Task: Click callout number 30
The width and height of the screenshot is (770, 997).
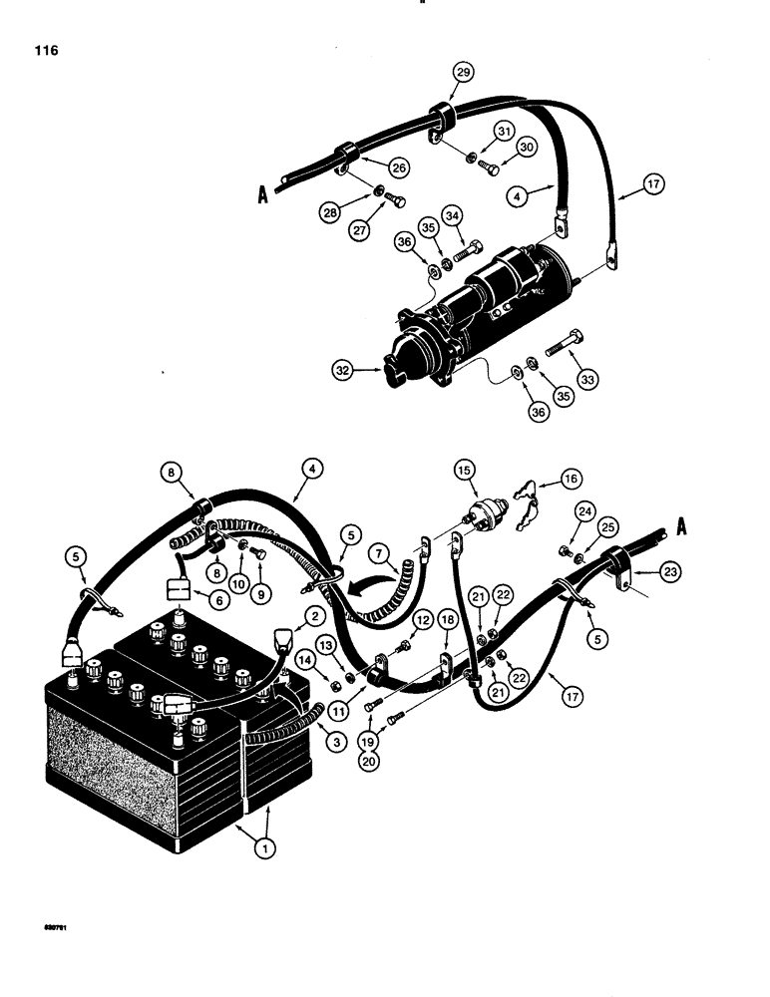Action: [530, 145]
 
